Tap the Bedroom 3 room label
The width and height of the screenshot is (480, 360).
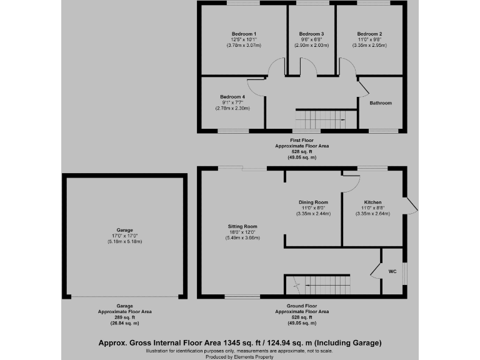(x=311, y=33)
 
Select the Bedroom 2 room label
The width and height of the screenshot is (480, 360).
(x=369, y=33)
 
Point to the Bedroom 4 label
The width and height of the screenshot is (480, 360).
(x=232, y=97)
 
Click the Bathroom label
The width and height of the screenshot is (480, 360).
(x=380, y=102)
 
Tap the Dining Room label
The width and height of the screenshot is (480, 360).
(x=313, y=202)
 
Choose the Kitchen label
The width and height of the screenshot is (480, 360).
(x=373, y=202)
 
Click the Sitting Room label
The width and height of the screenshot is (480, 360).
(x=242, y=226)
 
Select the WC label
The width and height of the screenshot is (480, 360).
(x=392, y=271)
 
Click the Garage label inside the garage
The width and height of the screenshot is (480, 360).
(x=124, y=229)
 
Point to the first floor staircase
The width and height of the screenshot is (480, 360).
(x=321, y=118)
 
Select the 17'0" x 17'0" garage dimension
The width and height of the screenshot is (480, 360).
(x=124, y=236)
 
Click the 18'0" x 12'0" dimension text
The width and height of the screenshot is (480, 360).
(x=242, y=232)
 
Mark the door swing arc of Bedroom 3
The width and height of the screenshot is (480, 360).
(x=308, y=64)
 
